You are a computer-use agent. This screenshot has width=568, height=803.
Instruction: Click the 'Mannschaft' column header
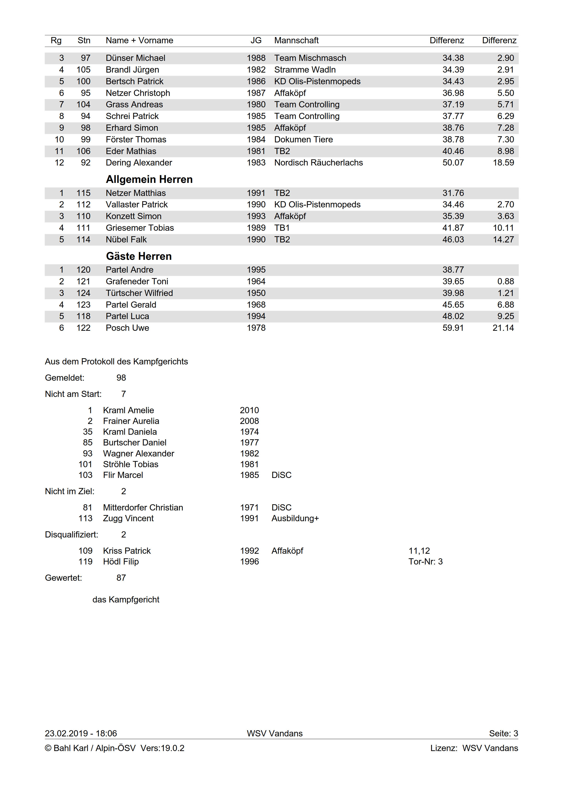point(296,41)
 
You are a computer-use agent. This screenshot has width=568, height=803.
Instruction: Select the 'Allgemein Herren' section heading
point(149,179)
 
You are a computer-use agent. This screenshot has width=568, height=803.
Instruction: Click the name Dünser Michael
point(135,58)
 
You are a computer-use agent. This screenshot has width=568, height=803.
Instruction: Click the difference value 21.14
point(503,328)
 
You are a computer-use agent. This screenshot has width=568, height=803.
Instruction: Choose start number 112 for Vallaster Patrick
point(83,205)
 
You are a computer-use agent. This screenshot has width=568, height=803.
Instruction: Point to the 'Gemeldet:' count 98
point(121,378)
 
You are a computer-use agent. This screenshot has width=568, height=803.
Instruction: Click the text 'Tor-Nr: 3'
point(425,562)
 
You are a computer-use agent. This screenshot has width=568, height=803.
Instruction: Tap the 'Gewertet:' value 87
point(121,578)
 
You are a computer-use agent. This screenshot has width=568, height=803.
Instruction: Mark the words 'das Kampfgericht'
point(126,600)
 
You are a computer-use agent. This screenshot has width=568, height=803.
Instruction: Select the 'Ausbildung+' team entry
point(295,518)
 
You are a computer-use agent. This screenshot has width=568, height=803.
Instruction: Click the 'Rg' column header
point(56,41)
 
